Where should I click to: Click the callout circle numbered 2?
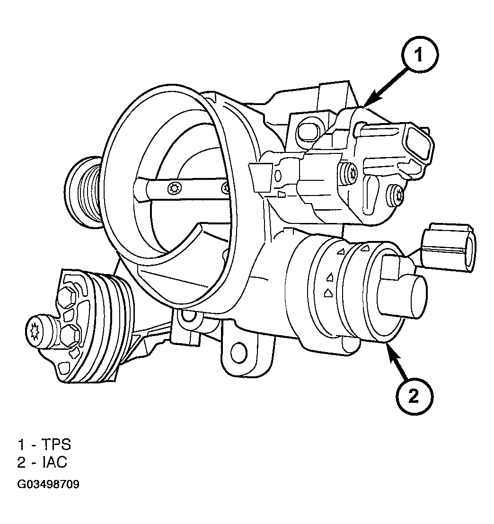414,397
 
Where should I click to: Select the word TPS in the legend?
56,445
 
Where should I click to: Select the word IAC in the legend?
55,462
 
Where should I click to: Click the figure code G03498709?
48,484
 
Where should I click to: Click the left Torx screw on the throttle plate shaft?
174,189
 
